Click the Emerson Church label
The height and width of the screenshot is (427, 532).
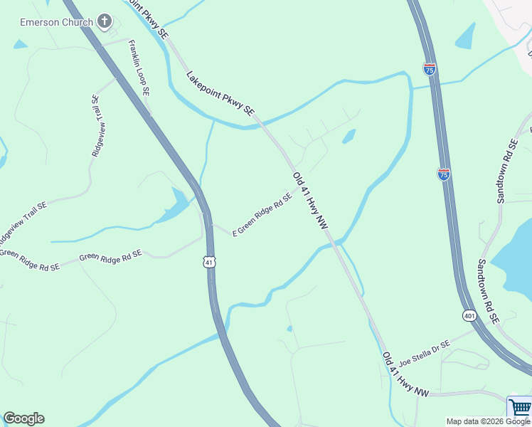pyautogui.click(x=56, y=22)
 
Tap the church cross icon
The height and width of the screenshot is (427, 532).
pyautogui.click(x=105, y=21)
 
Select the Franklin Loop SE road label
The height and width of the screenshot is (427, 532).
pyautogui.click(x=139, y=68)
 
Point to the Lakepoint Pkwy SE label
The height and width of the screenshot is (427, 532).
pyautogui.click(x=220, y=93)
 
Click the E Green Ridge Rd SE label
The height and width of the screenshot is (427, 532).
pyautogui.click(x=262, y=213)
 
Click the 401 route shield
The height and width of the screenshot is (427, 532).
pyautogui.click(x=469, y=315)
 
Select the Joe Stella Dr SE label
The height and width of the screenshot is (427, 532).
pyautogui.click(x=425, y=353)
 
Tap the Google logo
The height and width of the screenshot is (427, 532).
pyautogui.click(x=23, y=418)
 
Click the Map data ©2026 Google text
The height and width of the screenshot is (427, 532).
pyautogui.click(x=488, y=421)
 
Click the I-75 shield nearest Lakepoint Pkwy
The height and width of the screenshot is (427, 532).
pyautogui.click(x=429, y=69)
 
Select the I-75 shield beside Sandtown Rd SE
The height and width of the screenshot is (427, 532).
pyautogui.click(x=444, y=174)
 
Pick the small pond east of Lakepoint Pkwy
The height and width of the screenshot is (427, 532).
pyautogui.click(x=349, y=136)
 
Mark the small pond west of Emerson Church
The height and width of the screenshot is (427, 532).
pyautogui.click(x=19, y=44)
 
